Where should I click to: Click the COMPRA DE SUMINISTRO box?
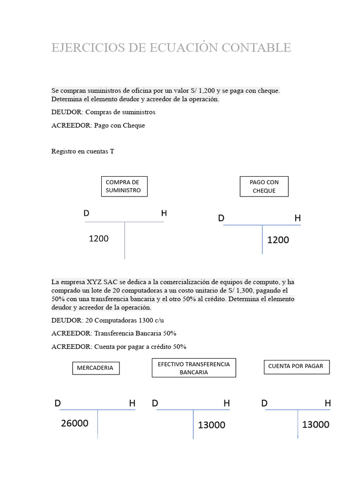click(x=123, y=186)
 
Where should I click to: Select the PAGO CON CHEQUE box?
click(x=264, y=186)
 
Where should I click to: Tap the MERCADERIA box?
click(x=96, y=368)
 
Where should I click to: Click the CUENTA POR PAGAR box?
click(x=297, y=366)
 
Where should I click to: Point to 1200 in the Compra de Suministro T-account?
click(x=98, y=239)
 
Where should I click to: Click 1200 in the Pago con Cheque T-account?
click(x=278, y=240)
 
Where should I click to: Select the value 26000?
click(x=75, y=423)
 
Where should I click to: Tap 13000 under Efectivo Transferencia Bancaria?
click(x=211, y=425)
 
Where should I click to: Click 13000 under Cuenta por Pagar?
click(x=315, y=425)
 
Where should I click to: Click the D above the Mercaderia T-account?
click(x=58, y=403)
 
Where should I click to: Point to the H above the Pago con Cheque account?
click(x=298, y=218)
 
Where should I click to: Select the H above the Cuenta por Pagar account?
click(x=328, y=403)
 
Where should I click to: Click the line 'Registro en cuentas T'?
click(x=82, y=151)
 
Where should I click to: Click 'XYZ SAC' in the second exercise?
click(x=102, y=282)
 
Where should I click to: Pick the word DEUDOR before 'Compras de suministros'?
click(x=67, y=112)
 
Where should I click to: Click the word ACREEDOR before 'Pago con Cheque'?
click(x=71, y=125)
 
